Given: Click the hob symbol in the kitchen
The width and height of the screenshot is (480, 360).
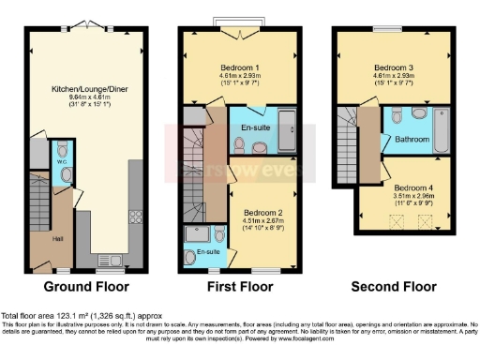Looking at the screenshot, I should coord(134,217).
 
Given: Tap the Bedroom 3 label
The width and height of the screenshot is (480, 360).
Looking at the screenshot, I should coord(394,67).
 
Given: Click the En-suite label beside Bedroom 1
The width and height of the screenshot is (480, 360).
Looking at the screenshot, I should coord(255,126).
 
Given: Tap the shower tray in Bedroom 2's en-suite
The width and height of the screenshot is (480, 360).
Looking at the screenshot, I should coord(198,233).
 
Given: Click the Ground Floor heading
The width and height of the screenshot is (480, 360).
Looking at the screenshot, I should coord(86,287).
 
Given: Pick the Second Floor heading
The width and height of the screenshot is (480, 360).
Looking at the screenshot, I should coord(393,287).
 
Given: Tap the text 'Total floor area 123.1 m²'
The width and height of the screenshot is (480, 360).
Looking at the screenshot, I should coord(47,317).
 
